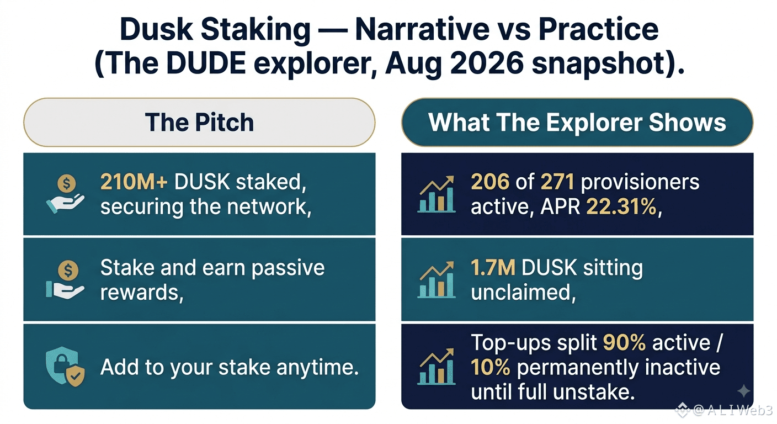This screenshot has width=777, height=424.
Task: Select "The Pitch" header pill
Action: click(199, 122)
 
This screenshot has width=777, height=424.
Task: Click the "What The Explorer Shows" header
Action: click(577, 122)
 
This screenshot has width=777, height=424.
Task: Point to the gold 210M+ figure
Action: click(134, 182)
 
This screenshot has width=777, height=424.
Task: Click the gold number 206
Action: click(490, 182)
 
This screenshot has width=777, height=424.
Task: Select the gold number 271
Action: click(557, 182)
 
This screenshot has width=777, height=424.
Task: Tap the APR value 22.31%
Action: click(621, 207)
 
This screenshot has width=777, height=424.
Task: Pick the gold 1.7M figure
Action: click(493, 268)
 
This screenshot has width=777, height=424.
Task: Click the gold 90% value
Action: click(624, 342)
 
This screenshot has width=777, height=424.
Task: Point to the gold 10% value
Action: click(491, 367)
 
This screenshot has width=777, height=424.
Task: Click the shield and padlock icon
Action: click(65, 367)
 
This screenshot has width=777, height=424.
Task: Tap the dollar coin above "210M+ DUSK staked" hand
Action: click(67, 183)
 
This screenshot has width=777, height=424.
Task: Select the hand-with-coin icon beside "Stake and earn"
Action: click(65, 280)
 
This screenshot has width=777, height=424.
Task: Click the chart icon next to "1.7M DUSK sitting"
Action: click(437, 280)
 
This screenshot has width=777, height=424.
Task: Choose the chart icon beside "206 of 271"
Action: click(437, 194)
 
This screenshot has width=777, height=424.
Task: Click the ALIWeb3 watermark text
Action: click(733, 410)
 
